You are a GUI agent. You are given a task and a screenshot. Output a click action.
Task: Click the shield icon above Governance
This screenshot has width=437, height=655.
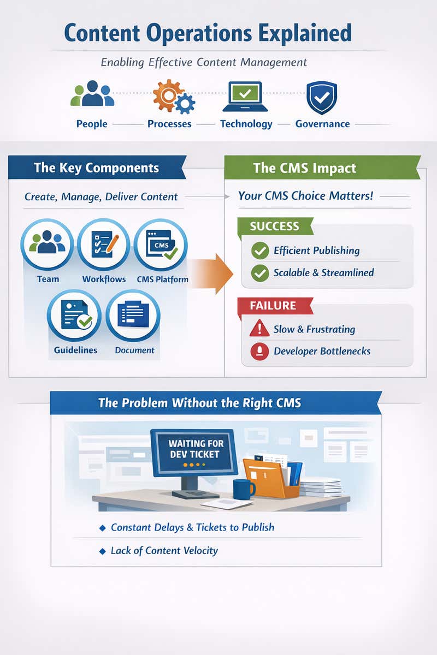coord(322,97)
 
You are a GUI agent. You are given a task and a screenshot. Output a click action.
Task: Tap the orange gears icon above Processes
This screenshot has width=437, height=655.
coord(173,96)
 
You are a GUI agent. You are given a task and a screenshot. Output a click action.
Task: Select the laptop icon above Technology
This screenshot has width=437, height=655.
coord(245,97)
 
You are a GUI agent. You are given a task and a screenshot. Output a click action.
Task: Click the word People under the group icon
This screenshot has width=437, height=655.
coord(92,124)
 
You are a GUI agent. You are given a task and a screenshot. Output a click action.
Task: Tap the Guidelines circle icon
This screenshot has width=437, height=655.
coord(74,315)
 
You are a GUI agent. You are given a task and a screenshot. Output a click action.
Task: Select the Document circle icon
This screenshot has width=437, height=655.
coord(133,315)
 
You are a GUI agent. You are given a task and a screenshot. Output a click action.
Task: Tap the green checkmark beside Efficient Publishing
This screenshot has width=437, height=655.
coord(259,251)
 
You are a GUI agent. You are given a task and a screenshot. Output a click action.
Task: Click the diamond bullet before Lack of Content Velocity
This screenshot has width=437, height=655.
coord(102,551)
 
